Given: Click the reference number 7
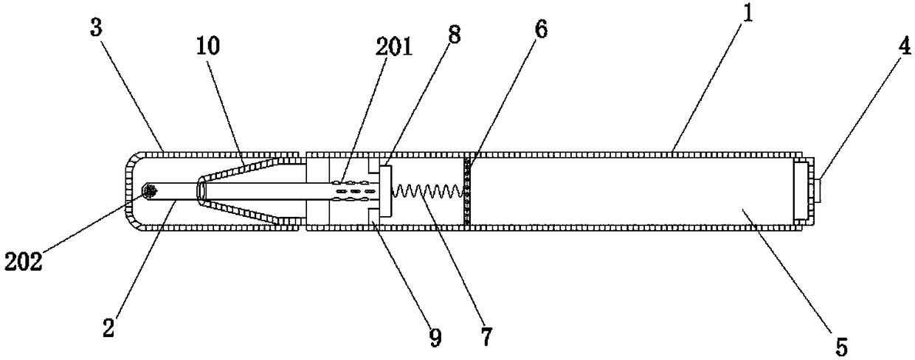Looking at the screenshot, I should (x=487, y=337).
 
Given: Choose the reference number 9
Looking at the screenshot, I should (x=435, y=338).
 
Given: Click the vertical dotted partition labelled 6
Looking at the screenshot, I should (x=466, y=190).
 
